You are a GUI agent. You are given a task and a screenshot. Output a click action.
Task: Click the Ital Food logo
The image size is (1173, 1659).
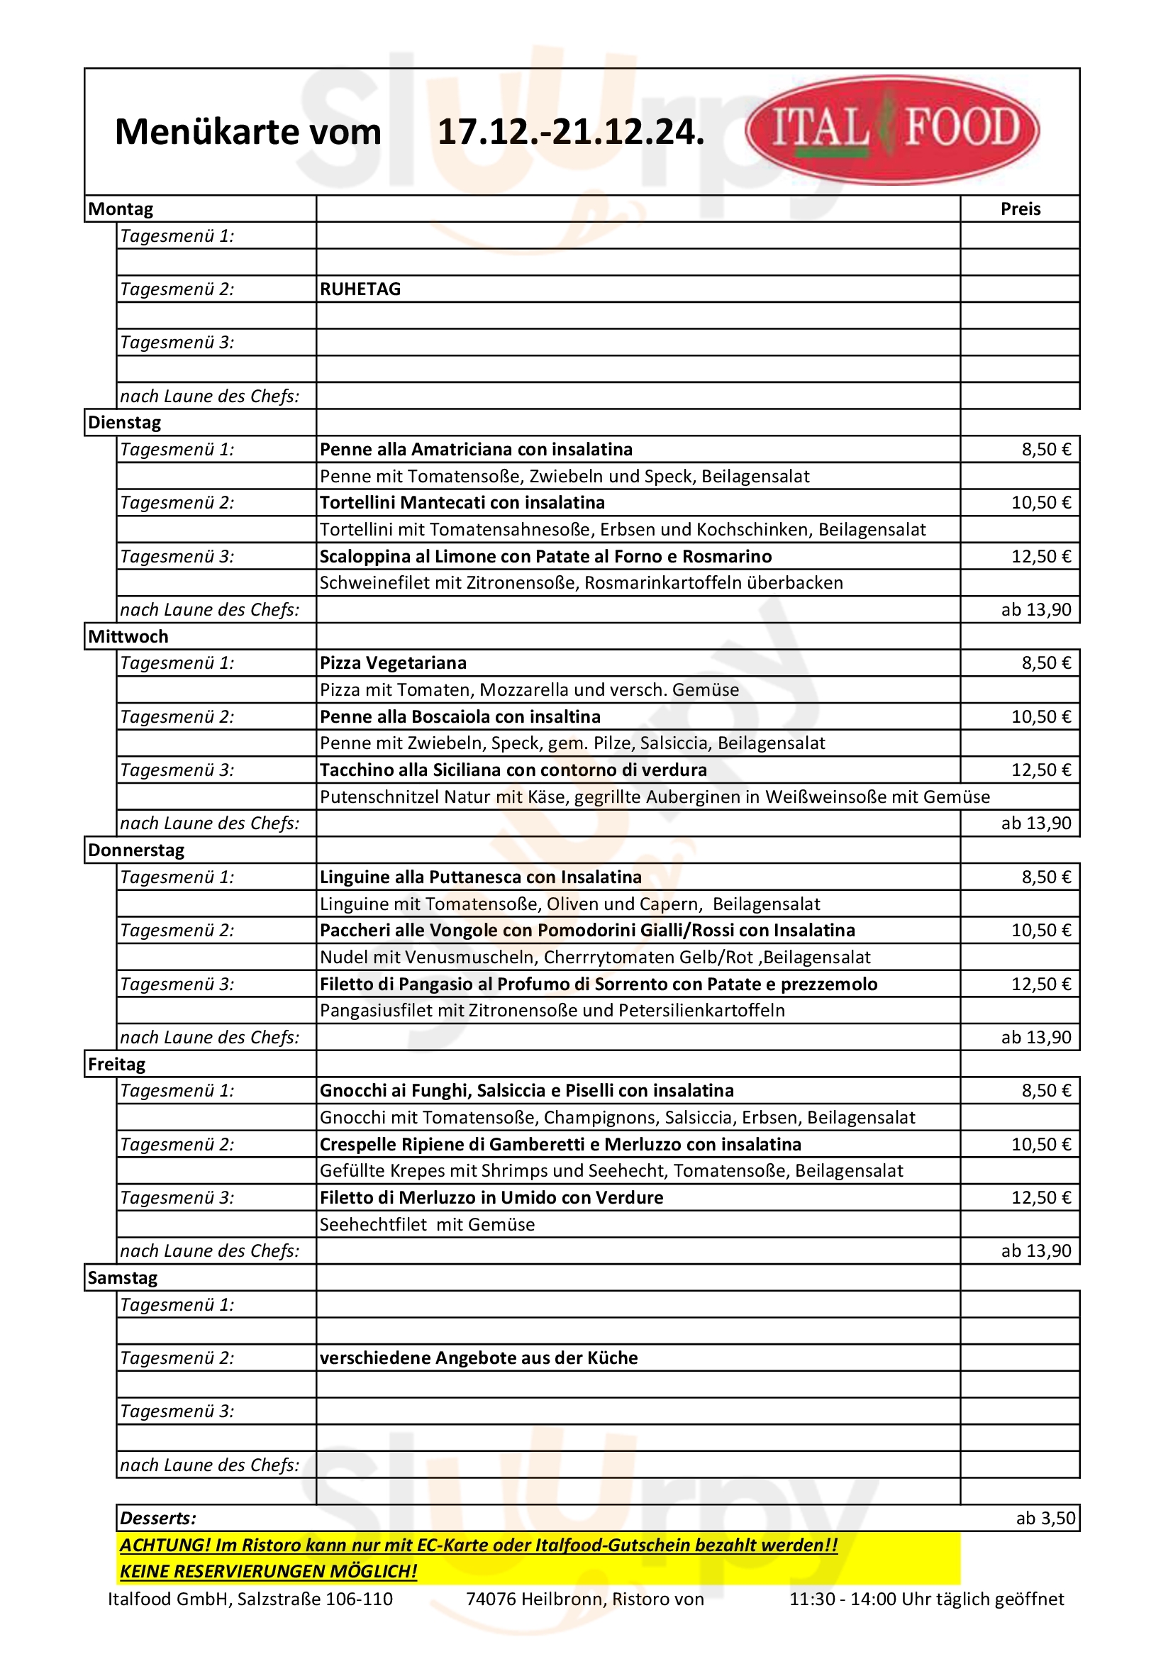pos(892,129)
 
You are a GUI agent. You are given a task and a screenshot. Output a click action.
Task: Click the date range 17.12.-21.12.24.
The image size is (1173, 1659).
pos(571,132)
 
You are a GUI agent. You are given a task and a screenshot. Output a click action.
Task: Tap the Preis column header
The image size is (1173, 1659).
pos(1020,209)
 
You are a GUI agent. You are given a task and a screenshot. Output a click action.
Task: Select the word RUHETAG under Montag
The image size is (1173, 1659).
pos(360,289)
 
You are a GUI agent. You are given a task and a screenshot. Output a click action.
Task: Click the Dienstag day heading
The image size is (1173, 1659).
pos(124,423)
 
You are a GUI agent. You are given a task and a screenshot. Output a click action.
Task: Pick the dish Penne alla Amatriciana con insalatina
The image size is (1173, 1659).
pos(476,450)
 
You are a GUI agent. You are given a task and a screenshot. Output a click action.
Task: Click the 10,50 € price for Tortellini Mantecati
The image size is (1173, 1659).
pos(1040,503)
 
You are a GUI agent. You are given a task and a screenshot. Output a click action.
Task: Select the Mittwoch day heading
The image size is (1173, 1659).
pos(128,636)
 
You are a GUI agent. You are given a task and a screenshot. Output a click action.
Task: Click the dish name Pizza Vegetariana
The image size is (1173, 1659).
pos(393,663)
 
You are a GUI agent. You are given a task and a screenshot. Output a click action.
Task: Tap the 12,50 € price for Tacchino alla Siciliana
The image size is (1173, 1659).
pos(1040,770)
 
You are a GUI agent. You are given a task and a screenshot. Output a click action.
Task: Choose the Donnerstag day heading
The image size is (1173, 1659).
pos(135,850)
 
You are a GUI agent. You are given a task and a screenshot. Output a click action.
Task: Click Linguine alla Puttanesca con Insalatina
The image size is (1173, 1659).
pos(480,877)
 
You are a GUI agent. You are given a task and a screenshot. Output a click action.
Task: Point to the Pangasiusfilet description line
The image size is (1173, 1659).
pos(552,1010)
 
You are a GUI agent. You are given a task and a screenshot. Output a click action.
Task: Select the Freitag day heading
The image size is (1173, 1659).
pos(116,1065)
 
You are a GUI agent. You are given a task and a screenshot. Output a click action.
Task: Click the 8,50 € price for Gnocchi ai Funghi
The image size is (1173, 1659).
pos(1045,1091)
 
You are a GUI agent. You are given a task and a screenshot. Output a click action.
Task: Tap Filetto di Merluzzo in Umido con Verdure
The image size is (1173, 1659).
pos(491,1198)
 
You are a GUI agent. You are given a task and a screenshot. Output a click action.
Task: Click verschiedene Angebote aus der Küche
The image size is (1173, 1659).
pos(479,1358)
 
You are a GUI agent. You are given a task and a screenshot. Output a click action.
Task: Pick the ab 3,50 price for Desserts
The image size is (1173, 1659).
pos(1045,1519)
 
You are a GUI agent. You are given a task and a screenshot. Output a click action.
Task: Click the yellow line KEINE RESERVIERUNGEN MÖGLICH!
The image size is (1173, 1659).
pos(268,1572)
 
